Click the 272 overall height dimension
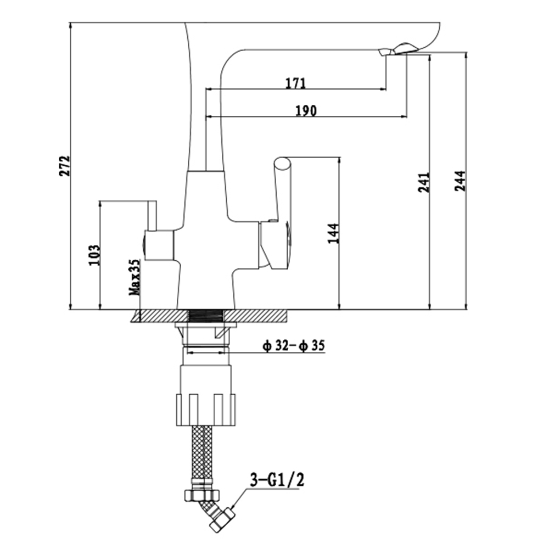click(x=64, y=166)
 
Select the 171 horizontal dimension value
click(x=296, y=83)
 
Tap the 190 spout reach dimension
click(x=306, y=111)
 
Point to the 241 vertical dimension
click(x=424, y=182)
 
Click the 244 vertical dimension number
click(x=460, y=181)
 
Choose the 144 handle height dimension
click(x=333, y=233)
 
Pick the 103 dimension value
click(x=94, y=255)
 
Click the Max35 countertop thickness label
click(x=135, y=277)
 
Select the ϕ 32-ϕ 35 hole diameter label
click(x=294, y=346)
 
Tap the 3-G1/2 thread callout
click(x=277, y=479)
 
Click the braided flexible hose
click(x=203, y=457)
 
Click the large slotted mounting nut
click(x=205, y=410)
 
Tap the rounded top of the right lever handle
click(x=282, y=163)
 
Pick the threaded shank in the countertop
click(x=206, y=316)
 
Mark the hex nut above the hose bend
click(x=203, y=495)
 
